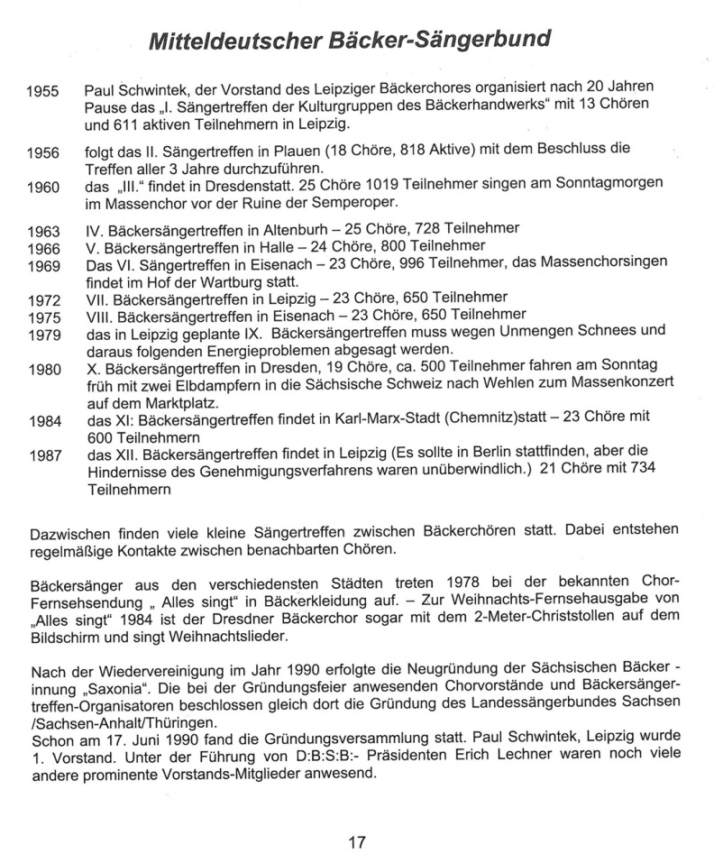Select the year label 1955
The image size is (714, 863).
(43, 92)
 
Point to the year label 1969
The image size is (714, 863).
(43, 266)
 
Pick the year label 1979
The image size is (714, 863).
(43, 333)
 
